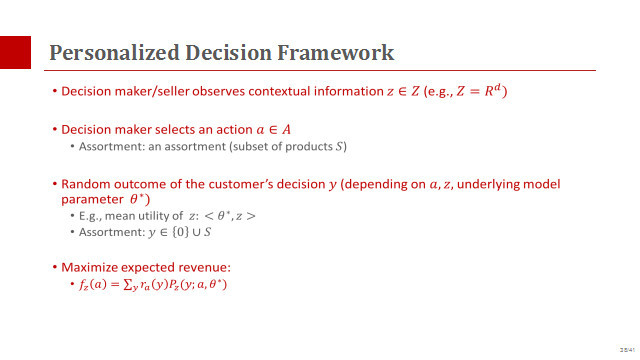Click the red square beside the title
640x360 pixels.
tap(15, 52)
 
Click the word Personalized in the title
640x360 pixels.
tap(114, 53)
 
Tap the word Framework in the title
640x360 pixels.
tap(336, 53)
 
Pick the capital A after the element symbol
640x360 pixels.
tap(287, 130)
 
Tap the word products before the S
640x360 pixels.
tap(309, 147)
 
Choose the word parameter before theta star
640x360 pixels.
tap(92, 200)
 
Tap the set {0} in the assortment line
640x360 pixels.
tap(180, 232)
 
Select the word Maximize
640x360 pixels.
tap(89, 267)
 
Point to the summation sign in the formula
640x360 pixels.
tap(128, 284)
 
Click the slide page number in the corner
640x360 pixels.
tap(627, 350)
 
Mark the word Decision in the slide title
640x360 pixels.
tap(229, 53)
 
